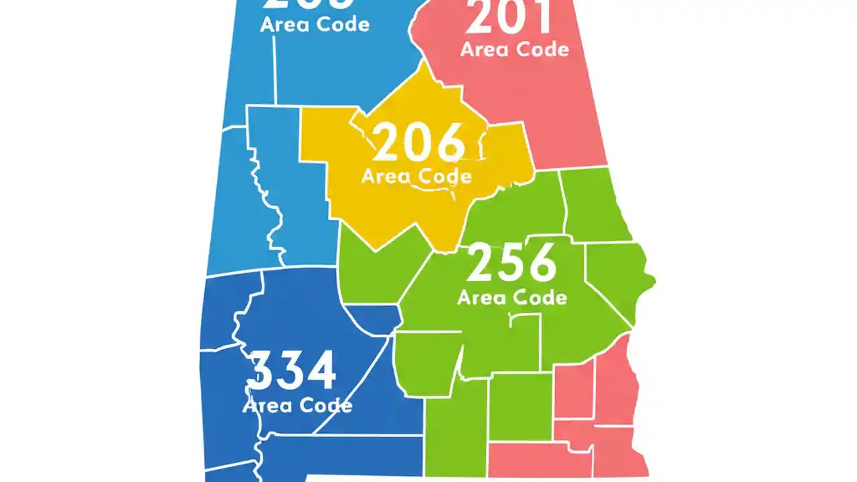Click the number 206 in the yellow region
[x=418, y=143]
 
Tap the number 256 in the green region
[x=512, y=263]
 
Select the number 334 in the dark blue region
[x=291, y=372]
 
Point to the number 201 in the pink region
[x=509, y=18]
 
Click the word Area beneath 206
[x=386, y=177]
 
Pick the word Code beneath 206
[x=445, y=177]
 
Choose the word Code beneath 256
[x=540, y=297]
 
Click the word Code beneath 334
[x=325, y=406]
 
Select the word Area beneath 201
[x=484, y=49]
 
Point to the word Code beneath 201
[x=542, y=49]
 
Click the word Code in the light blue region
[x=343, y=25]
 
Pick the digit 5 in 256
[x=512, y=263]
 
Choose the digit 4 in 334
[x=319, y=372]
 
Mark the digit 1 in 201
[x=540, y=18]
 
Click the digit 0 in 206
[x=418, y=143]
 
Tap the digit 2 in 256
[x=481, y=263]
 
